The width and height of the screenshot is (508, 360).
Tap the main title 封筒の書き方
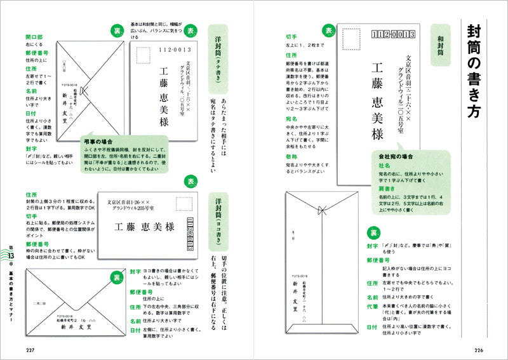(x=474, y=70)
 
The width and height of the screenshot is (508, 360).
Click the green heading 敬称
(x=291, y=156)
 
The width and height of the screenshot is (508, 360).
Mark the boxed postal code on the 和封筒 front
(x=393, y=34)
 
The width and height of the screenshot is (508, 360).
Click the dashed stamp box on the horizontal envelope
(x=185, y=205)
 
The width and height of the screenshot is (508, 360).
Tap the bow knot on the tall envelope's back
(x=325, y=207)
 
